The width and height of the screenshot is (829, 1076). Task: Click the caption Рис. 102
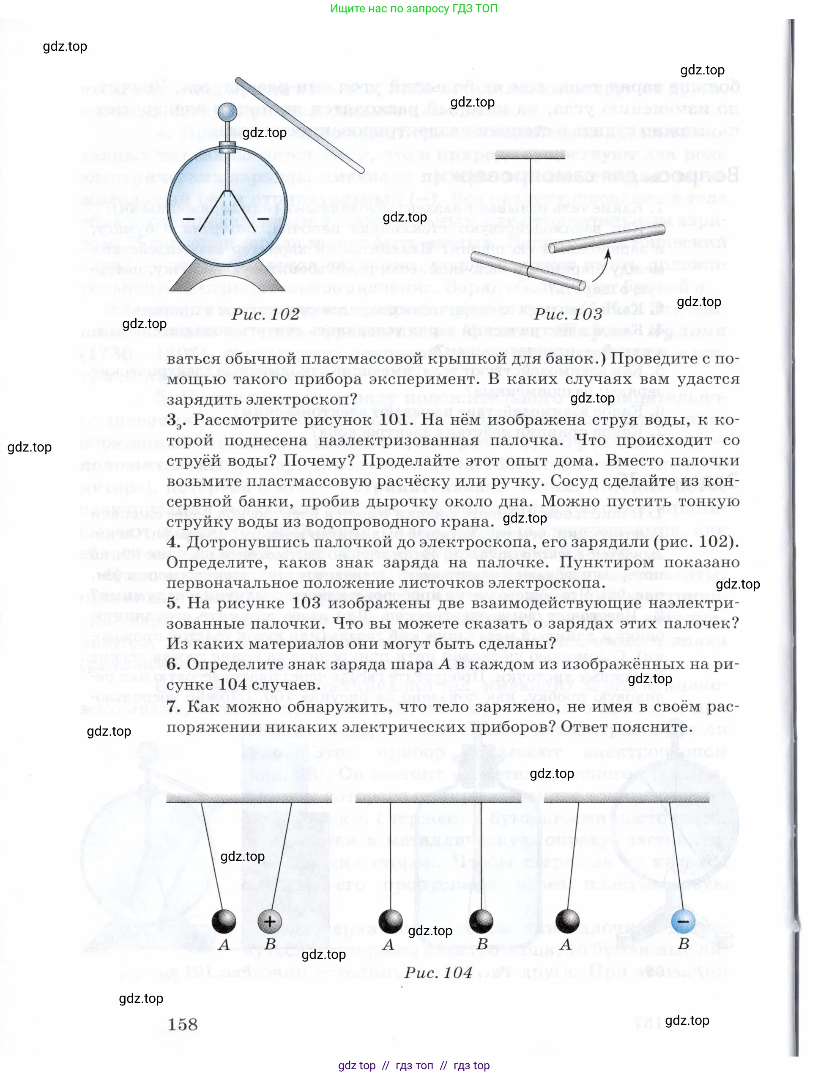click(x=265, y=314)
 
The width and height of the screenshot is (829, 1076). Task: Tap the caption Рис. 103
click(x=568, y=314)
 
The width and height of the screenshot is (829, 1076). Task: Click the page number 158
click(x=183, y=1025)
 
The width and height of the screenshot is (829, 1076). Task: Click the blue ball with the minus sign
click(x=683, y=921)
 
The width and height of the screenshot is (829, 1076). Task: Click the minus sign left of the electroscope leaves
click(x=189, y=218)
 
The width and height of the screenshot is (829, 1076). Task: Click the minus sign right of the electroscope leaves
click(x=263, y=218)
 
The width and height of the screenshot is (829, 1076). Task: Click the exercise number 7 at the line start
click(x=172, y=707)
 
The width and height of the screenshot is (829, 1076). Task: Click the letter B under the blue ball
click(x=683, y=944)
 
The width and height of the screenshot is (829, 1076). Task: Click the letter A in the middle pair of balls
click(x=389, y=945)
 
